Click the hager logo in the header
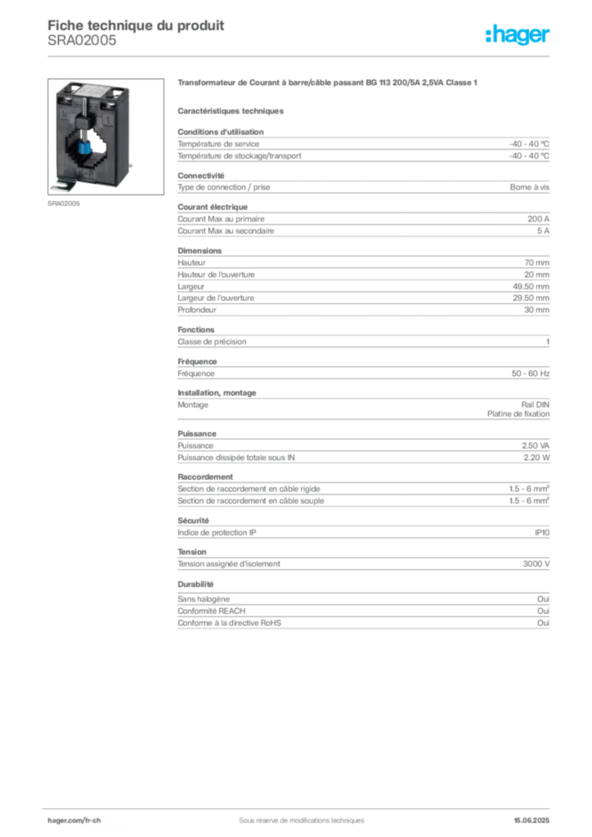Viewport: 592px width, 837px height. (x=517, y=34)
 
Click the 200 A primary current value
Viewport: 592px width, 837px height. (x=538, y=219)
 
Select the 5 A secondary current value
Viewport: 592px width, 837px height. (x=543, y=231)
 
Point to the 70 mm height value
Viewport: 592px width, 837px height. (x=536, y=262)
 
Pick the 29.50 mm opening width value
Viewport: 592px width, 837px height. (x=531, y=298)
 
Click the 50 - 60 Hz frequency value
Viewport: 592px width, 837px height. (x=530, y=374)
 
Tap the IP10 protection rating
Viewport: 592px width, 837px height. (x=542, y=533)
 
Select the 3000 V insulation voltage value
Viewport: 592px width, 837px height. (x=536, y=564)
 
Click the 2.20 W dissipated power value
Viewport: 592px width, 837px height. (x=536, y=458)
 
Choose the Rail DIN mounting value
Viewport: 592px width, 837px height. (x=535, y=405)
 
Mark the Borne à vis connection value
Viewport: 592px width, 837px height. (x=529, y=187)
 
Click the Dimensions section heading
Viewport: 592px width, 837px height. (x=200, y=251)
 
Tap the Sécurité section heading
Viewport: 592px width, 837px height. (x=193, y=521)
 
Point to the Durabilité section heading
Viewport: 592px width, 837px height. (x=195, y=584)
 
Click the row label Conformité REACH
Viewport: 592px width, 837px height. (x=212, y=611)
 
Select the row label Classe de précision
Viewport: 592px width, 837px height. (x=212, y=342)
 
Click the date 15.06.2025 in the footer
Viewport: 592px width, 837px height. (x=531, y=821)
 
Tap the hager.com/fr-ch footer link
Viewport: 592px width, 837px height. (x=74, y=821)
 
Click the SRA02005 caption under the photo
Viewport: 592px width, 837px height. (x=64, y=204)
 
